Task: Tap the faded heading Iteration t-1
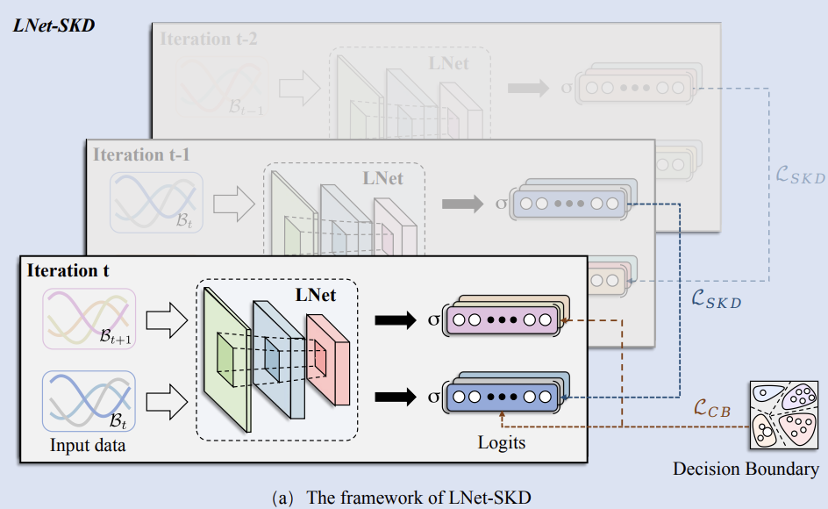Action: coord(141,154)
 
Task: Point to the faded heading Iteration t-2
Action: coord(209,39)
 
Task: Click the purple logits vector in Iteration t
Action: coord(502,319)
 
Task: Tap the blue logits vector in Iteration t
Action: coord(502,397)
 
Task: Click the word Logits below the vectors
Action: coord(502,442)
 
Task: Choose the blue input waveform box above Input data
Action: coord(88,399)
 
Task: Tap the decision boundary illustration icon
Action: coord(782,416)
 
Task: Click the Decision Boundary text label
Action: coord(746,470)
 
